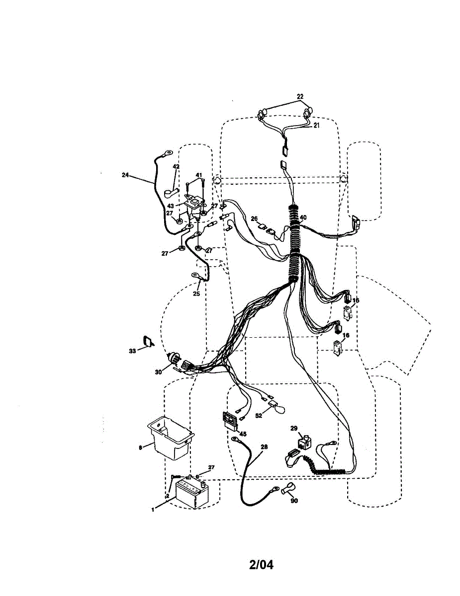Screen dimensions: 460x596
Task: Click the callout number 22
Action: coord(300,96)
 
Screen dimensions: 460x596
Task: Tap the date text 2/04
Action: coord(261,565)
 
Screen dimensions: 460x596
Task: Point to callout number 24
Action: coord(125,175)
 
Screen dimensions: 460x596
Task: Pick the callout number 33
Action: coord(132,351)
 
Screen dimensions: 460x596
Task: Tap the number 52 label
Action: coord(259,415)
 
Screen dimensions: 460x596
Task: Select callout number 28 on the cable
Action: coord(264,447)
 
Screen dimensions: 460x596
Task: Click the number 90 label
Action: coord(294,501)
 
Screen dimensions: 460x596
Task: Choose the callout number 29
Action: coord(293,428)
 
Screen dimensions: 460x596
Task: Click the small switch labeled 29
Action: coord(304,441)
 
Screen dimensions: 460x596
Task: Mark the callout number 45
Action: coord(243,434)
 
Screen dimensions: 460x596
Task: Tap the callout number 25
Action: coord(196,294)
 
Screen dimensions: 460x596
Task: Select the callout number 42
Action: coord(176,167)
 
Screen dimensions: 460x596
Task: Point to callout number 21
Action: coord(316,125)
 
